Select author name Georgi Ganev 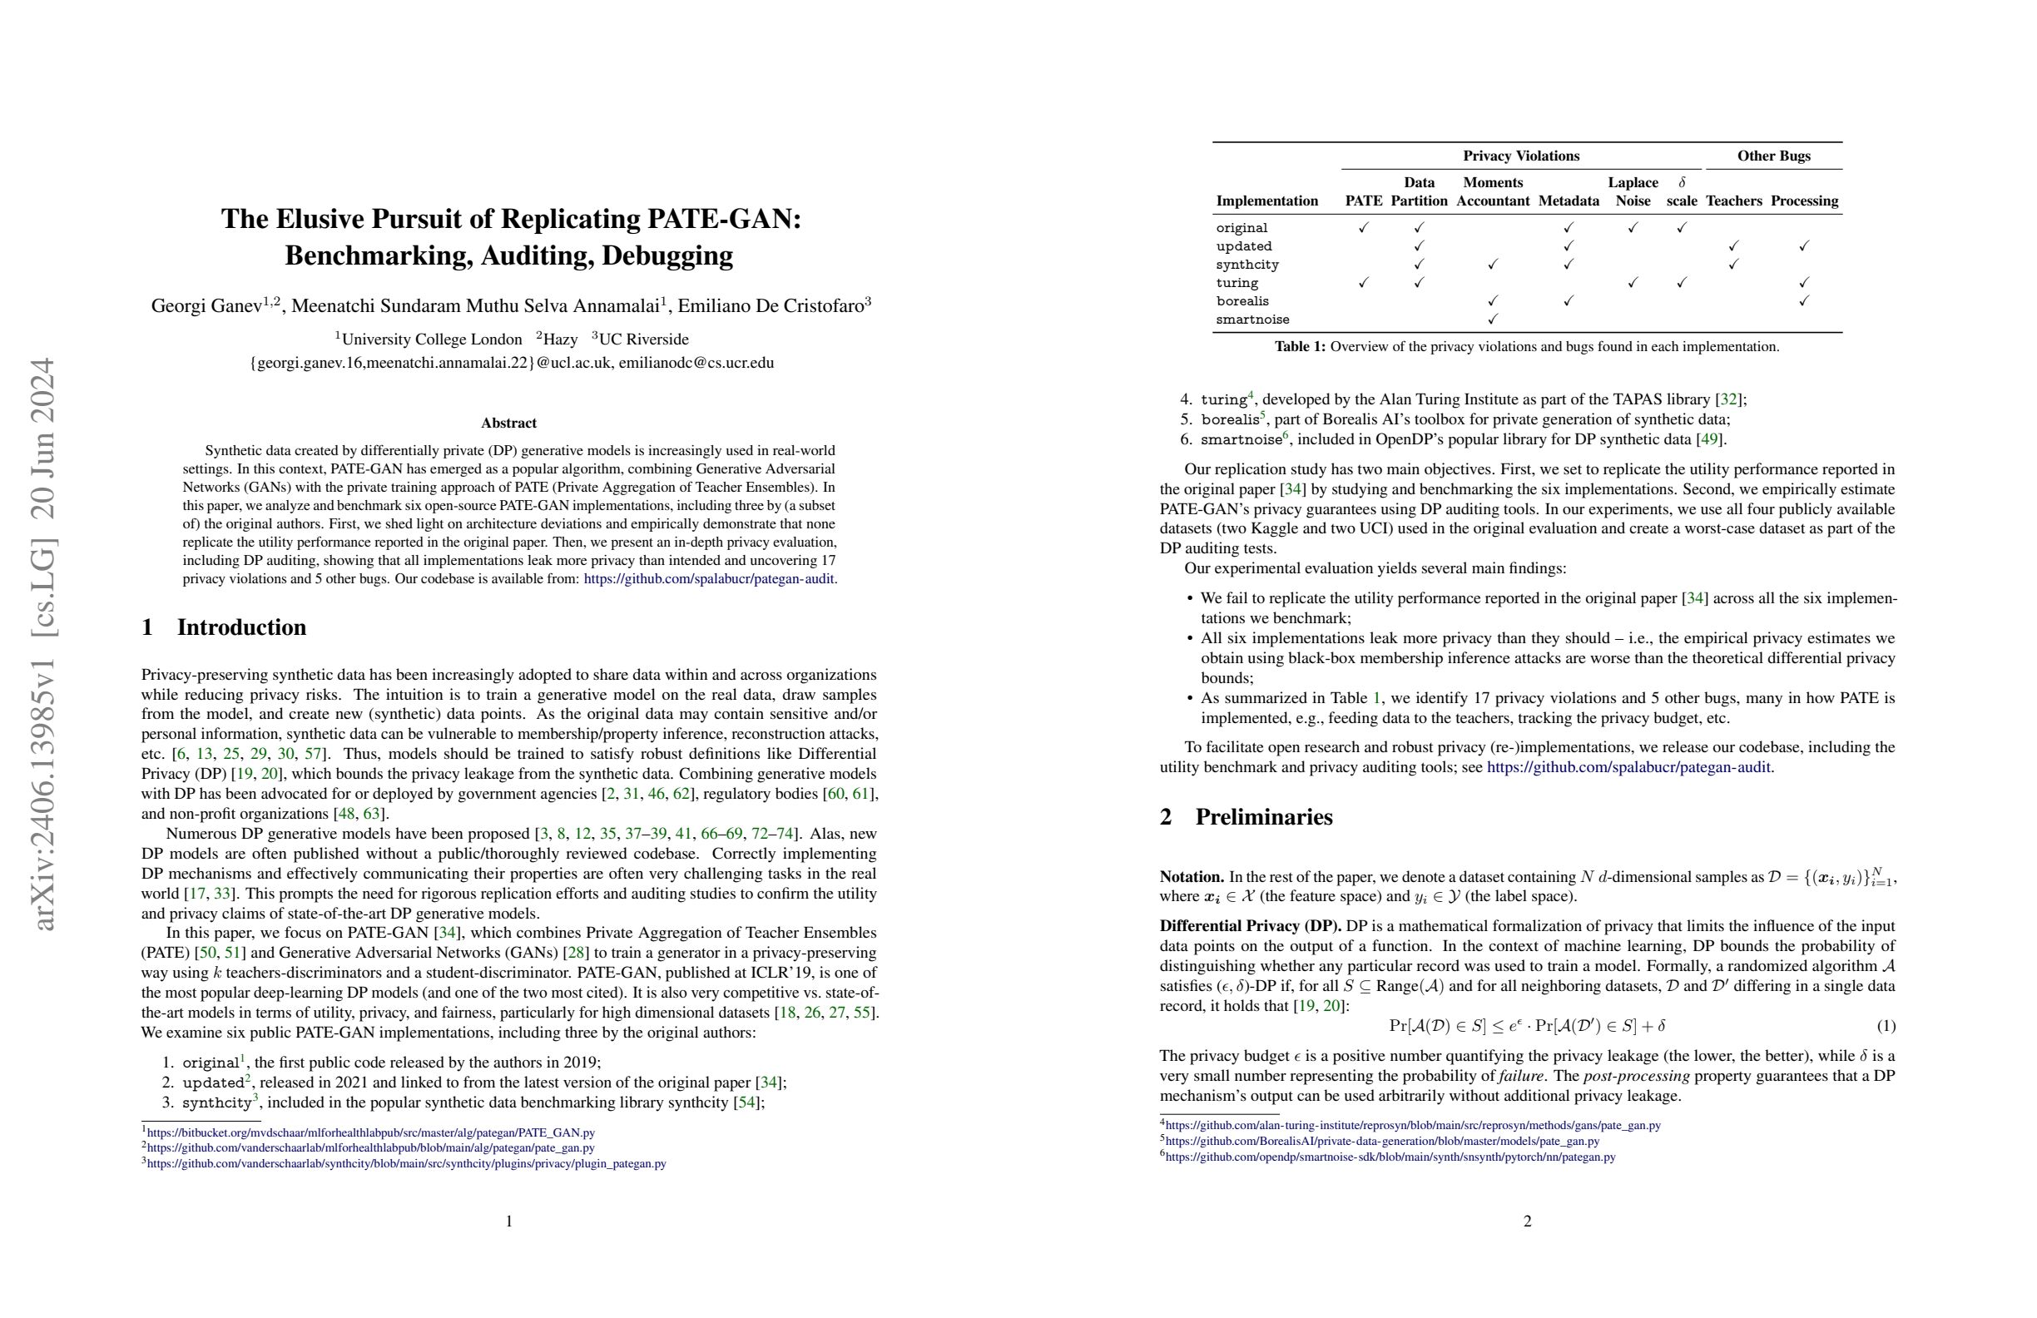click(x=206, y=306)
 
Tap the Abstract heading click(x=508, y=423)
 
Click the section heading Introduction click(x=240, y=627)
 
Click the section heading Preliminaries click(x=1263, y=817)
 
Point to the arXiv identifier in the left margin click(x=42, y=642)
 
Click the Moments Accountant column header click(x=1493, y=191)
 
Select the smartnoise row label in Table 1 click(x=1252, y=320)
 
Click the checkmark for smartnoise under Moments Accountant click(x=1493, y=320)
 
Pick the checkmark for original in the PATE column click(x=1364, y=228)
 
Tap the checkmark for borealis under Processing click(x=1803, y=301)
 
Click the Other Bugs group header click(x=1773, y=156)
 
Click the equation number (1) click(x=1886, y=1026)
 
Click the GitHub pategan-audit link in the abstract click(x=709, y=578)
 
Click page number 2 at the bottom click(x=1527, y=1221)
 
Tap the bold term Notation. click(x=1192, y=877)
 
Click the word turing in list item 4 click(x=1224, y=400)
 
